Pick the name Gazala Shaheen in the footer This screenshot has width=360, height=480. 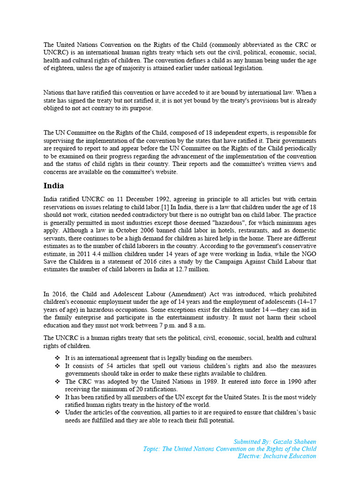[294, 442]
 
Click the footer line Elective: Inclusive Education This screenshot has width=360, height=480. [277, 456]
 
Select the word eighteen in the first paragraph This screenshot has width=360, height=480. [59, 68]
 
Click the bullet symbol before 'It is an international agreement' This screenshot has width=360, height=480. [58, 358]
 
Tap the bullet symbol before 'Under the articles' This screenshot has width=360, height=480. [58, 412]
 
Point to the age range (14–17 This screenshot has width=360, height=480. [304, 301]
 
